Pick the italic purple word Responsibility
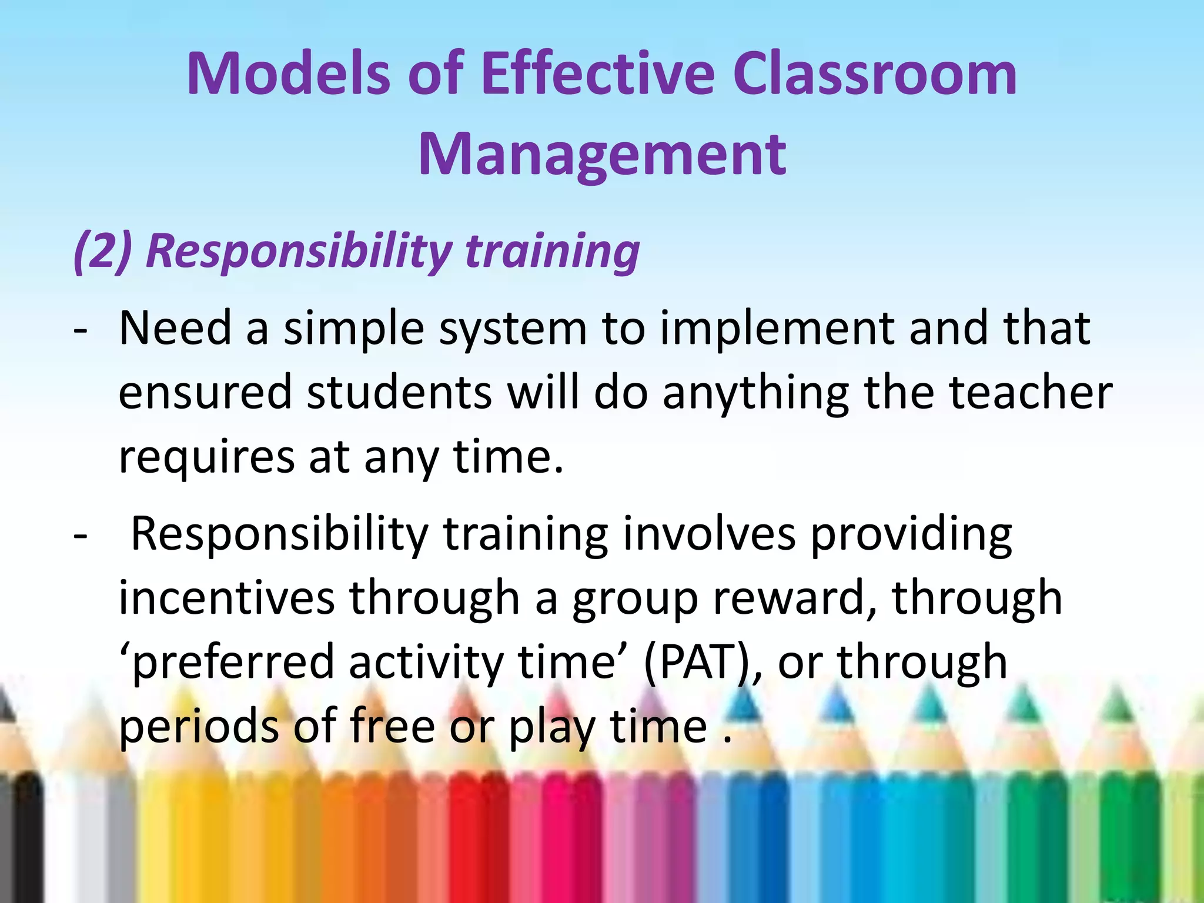(298, 252)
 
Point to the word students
(400, 393)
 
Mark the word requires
(206, 457)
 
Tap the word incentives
(226, 598)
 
